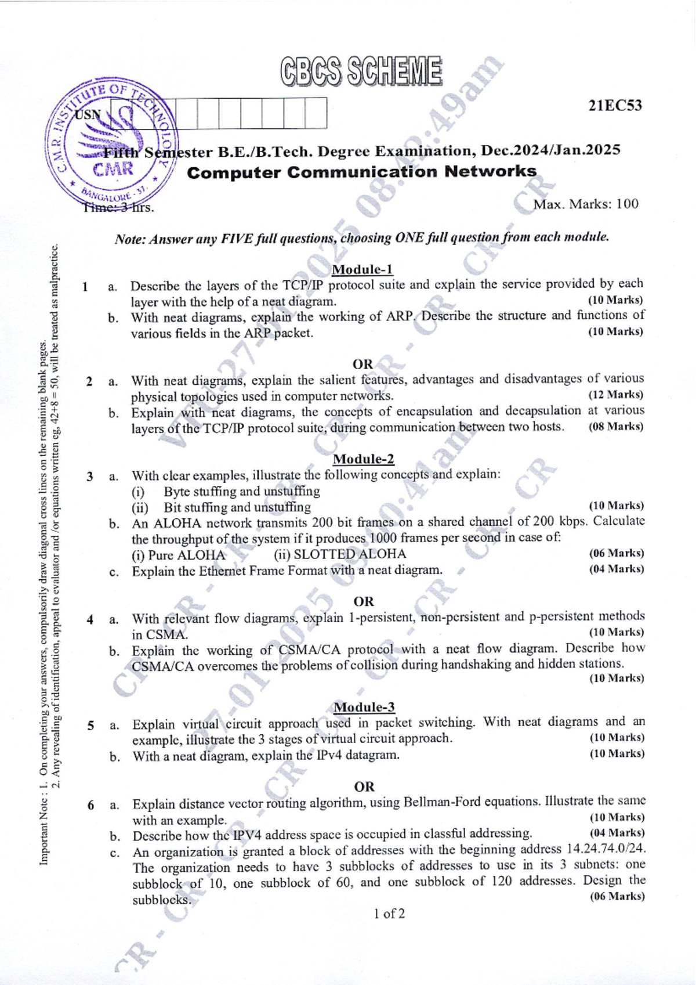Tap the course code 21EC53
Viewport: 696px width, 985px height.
pos(615,106)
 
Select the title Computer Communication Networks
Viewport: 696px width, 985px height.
pos(362,172)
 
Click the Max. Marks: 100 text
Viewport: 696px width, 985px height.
pos(586,204)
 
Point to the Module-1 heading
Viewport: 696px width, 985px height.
pos(362,269)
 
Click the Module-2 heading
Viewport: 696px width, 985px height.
pos(364,459)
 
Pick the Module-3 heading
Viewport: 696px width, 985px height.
pos(364,707)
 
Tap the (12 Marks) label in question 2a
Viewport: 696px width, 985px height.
pos(615,395)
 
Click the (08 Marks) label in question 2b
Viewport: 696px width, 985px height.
pos(615,427)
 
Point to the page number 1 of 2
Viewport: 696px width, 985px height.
pos(389,914)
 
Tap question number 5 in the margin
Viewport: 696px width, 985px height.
pos(90,725)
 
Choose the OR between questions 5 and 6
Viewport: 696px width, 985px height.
pos(364,786)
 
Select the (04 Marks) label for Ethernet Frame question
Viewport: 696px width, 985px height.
pos(616,569)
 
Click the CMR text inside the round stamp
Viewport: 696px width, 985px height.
pos(114,169)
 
